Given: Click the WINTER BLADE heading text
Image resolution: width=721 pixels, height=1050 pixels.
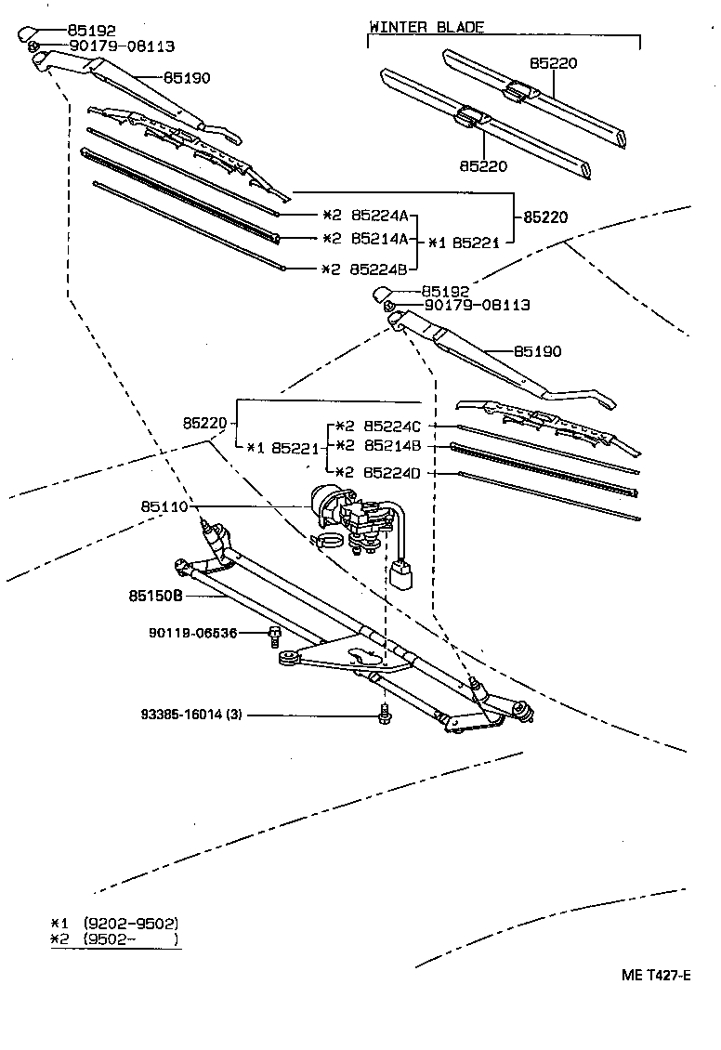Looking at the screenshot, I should (x=426, y=27).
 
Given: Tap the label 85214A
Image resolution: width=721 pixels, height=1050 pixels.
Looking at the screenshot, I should (x=381, y=239).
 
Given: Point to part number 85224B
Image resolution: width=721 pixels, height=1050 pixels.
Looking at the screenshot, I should (x=381, y=269).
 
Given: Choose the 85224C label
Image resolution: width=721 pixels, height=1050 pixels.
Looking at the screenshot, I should (x=392, y=426).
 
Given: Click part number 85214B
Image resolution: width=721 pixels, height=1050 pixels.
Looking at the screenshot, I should (x=392, y=446).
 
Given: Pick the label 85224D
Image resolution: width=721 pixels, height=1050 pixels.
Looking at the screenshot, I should (x=392, y=473).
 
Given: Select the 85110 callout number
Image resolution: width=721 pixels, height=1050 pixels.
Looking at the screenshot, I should (x=164, y=507).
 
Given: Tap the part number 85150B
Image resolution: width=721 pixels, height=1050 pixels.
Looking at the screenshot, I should (x=155, y=595).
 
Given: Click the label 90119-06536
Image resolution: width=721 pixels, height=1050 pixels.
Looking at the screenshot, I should (x=192, y=633).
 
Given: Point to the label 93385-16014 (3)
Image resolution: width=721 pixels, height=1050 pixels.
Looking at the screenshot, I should (x=192, y=715).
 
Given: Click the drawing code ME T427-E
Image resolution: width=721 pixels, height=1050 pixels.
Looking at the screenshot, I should (x=656, y=975).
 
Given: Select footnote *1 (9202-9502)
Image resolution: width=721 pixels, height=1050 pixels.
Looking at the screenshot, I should (x=114, y=924).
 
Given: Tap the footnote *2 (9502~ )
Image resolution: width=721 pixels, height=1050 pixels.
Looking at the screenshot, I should (x=114, y=939).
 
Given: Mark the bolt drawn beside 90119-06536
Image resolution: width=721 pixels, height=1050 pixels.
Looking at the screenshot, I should (x=274, y=636).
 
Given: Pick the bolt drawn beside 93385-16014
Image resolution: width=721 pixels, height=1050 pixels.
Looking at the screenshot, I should (x=384, y=715).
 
